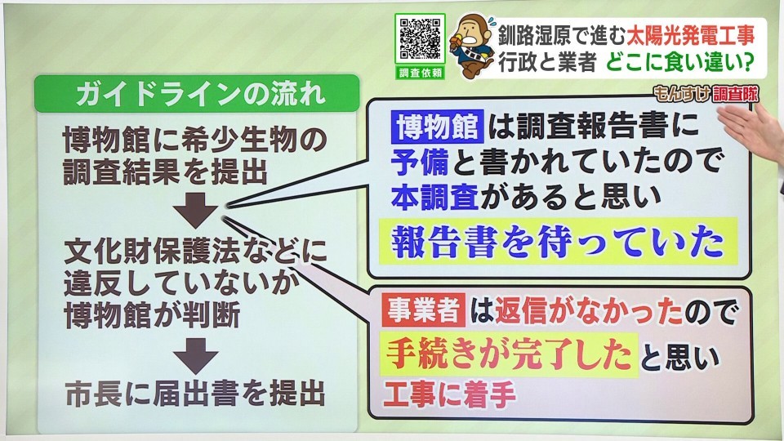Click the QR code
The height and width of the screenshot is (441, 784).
click(420, 39)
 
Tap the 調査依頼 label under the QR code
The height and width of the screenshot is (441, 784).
click(420, 73)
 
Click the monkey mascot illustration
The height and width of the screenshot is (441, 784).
click(470, 46)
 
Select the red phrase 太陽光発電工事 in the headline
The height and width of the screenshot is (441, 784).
click(690, 35)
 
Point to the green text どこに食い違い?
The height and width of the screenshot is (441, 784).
click(680, 62)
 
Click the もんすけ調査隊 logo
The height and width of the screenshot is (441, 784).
click(706, 93)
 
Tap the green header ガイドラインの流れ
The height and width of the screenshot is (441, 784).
click(197, 93)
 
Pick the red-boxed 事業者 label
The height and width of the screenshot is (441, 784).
click(423, 310)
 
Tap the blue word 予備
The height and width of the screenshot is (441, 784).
click(420, 162)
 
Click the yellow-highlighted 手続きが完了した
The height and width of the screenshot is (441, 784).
click(509, 354)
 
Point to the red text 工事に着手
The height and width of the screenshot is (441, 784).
click(449, 394)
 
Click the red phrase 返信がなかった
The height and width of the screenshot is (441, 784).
click(589, 311)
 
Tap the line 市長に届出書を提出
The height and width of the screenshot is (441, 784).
click(195, 394)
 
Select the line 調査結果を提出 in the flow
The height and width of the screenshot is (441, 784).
click(166, 172)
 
